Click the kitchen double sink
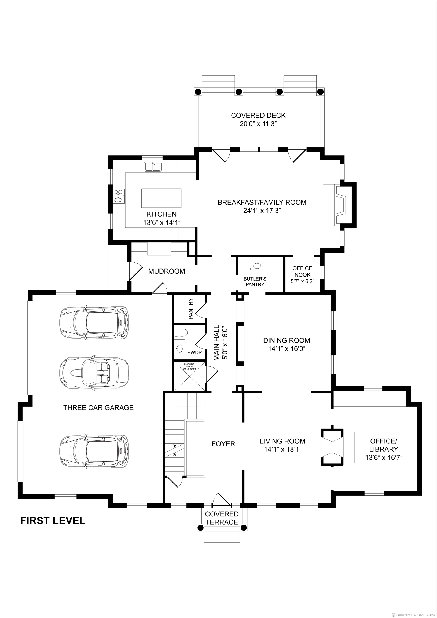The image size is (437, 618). click(153, 167)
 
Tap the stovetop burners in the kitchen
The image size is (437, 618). click(119, 196)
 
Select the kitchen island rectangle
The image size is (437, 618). click(161, 198)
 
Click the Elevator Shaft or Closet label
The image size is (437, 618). click(190, 366)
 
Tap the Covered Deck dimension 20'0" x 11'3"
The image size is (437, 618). click(258, 124)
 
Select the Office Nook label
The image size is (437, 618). click(302, 271)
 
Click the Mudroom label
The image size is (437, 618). click(167, 271)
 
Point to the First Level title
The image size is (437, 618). click(53, 521)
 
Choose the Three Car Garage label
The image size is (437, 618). click(98, 407)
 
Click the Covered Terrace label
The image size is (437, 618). click(222, 518)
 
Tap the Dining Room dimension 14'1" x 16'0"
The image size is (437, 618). click(287, 349)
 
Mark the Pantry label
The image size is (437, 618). click(191, 309)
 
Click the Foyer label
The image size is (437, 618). click(223, 444)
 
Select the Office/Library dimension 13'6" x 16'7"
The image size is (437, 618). click(384, 457)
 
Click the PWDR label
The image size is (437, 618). click(194, 352)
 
